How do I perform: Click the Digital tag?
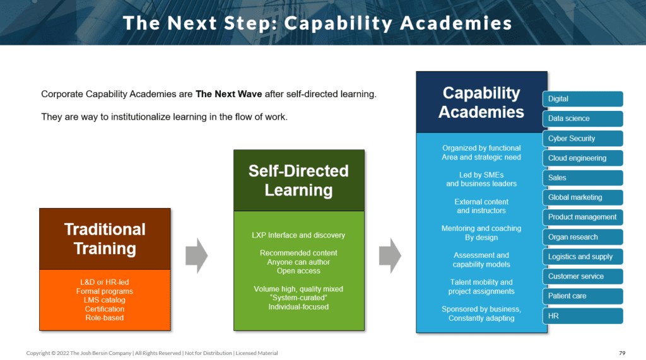pyautogui.click(x=582, y=99)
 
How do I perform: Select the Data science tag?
pyautogui.click(x=582, y=119)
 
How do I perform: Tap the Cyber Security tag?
pyautogui.click(x=582, y=139)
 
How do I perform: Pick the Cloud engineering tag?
pyautogui.click(x=582, y=158)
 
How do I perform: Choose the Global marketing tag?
pyautogui.click(x=582, y=197)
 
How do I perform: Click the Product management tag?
pyautogui.click(x=582, y=217)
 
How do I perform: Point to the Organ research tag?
pyautogui.click(x=582, y=237)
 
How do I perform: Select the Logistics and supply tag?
pyautogui.click(x=582, y=257)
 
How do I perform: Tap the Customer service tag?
pyautogui.click(x=582, y=276)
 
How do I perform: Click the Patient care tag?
pyautogui.click(x=582, y=296)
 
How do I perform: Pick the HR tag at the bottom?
pyautogui.click(x=582, y=316)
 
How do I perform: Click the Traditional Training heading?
pyautogui.click(x=105, y=239)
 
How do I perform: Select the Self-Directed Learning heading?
pyautogui.click(x=298, y=180)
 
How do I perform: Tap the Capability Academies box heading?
pyautogui.click(x=481, y=102)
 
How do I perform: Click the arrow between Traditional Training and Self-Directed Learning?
pyautogui.click(x=196, y=256)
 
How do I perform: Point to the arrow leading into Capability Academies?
pyautogui.click(x=390, y=256)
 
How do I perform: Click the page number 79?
pyautogui.click(x=622, y=353)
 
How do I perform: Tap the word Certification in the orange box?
pyautogui.click(x=105, y=309)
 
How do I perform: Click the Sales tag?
pyautogui.click(x=582, y=178)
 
